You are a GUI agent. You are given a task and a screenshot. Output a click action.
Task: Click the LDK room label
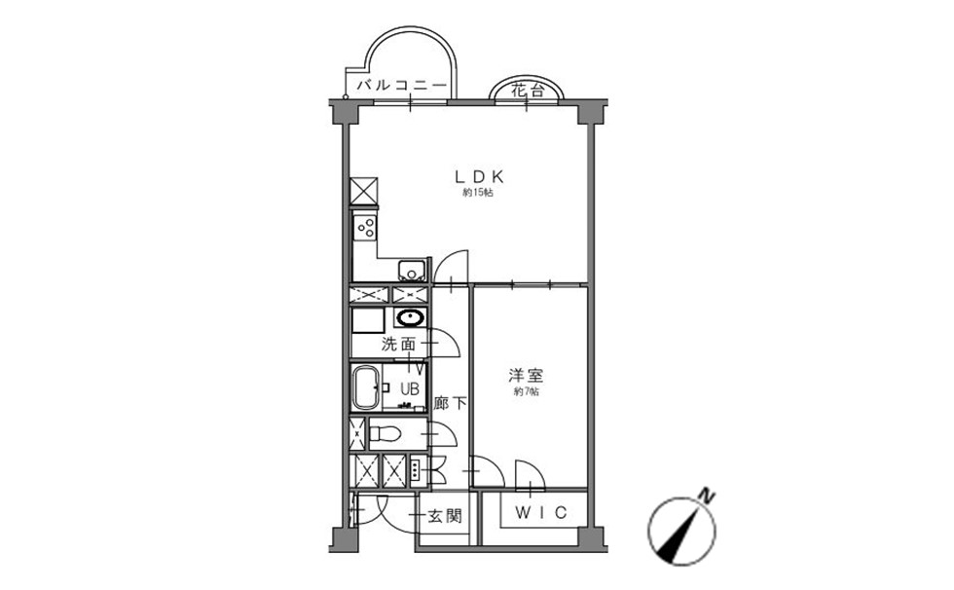click(x=480, y=177)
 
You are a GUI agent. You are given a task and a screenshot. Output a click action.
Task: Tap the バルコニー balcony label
click(x=401, y=86)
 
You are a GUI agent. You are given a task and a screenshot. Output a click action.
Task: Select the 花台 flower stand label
click(x=527, y=92)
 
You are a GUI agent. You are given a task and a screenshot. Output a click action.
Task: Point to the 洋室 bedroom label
click(x=526, y=375)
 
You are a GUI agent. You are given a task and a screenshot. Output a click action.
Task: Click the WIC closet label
click(x=541, y=513)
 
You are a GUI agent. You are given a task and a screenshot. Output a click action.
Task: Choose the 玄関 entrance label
click(x=445, y=516)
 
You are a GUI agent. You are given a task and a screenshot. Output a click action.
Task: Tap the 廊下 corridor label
click(x=450, y=403)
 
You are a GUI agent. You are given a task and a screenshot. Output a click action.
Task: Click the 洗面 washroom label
click(x=398, y=345)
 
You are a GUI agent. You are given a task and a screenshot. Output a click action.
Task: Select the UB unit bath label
click(x=409, y=388)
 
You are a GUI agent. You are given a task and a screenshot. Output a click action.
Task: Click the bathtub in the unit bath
click(x=366, y=387)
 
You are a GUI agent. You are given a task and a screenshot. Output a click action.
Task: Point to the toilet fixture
click(x=385, y=434)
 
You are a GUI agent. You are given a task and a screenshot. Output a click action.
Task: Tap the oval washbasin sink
click(x=411, y=317)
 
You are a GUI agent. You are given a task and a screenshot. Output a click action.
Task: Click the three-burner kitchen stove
click(x=366, y=228)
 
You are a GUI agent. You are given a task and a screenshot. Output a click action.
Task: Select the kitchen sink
click(x=411, y=270)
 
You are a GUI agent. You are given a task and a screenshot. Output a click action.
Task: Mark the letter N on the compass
click(x=706, y=496)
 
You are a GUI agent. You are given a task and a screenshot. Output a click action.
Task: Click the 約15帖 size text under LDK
click(x=478, y=194)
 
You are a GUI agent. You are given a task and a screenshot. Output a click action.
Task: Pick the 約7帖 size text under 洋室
click(x=526, y=391)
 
